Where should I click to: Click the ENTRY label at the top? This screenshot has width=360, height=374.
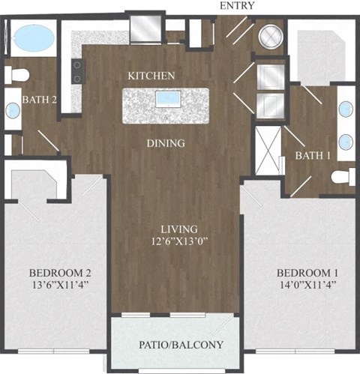pos(237,6)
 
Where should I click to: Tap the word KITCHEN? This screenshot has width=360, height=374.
pos(151,76)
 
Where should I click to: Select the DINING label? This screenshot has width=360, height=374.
pos(166,143)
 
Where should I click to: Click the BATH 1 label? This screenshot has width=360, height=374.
pos(313,155)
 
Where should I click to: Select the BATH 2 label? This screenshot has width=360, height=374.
pos(38,97)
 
